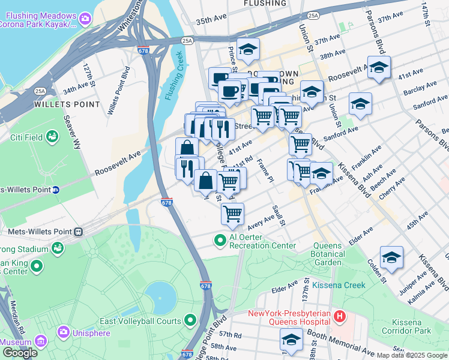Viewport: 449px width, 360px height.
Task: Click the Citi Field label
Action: click(26, 137)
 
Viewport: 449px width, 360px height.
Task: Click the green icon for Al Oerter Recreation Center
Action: click(220, 241)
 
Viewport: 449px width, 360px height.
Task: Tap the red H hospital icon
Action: click(340, 315)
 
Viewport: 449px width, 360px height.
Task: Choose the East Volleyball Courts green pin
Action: click(191, 320)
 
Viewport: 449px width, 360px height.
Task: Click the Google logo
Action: click(20, 353)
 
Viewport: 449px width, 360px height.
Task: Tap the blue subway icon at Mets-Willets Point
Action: click(55, 190)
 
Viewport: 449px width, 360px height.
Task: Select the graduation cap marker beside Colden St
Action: click(391, 256)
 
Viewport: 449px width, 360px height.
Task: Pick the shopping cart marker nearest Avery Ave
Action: click(232, 213)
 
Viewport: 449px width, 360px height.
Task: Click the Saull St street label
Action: click(278, 214)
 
